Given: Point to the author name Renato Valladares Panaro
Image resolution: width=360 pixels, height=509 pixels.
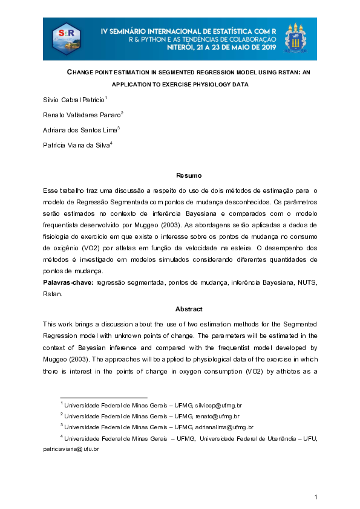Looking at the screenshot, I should pyautogui.click(x=82, y=114).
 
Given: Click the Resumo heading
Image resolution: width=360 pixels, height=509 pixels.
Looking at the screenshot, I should pyautogui.click(x=180, y=176).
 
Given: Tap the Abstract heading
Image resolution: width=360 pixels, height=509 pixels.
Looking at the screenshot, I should pyautogui.click(x=180, y=309).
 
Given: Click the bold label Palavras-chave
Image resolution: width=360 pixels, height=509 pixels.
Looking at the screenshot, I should pyautogui.click(x=67, y=283).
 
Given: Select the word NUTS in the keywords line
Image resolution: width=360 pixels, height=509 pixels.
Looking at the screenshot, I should pyautogui.click(x=307, y=283).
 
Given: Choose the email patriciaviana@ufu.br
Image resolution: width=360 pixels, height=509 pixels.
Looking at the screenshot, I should pyautogui.click(x=71, y=449).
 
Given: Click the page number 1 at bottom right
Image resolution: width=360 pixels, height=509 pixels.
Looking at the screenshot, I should pyautogui.click(x=316, y=497).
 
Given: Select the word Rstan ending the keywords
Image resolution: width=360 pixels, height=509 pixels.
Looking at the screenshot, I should pyautogui.click(x=52, y=294).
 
